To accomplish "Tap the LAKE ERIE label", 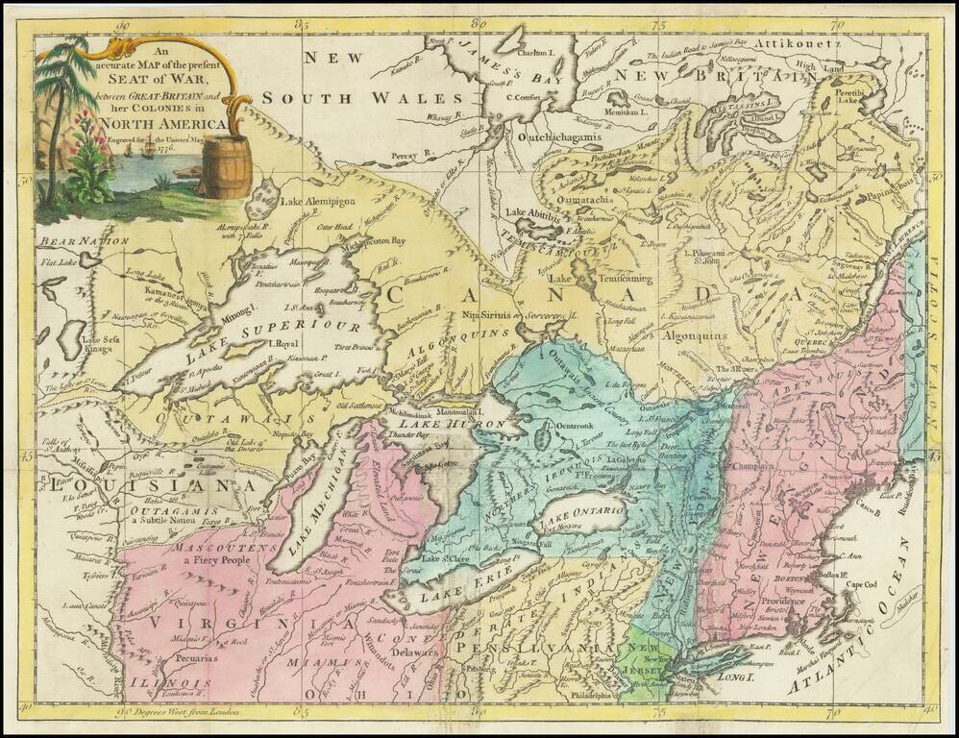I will click(447, 586).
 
